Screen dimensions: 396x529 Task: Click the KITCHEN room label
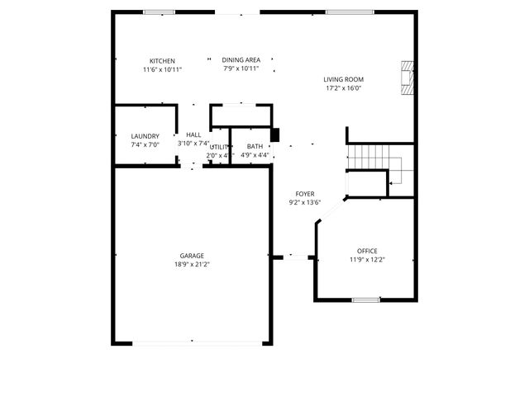(x=162, y=61)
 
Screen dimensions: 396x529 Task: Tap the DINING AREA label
(x=241, y=60)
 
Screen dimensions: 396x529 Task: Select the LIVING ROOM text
(x=343, y=80)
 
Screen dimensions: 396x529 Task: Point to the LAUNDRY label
(x=145, y=136)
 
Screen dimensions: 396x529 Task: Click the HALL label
(x=193, y=135)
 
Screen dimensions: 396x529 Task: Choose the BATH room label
(x=255, y=146)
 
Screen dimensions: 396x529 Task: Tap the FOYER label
(x=305, y=194)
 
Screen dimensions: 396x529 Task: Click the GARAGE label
(x=192, y=256)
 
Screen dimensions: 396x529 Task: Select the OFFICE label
(x=367, y=251)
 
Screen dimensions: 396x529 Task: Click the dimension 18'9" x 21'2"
(x=192, y=265)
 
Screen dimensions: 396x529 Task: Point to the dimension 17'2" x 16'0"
(x=343, y=88)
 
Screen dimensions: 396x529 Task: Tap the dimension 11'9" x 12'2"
(x=367, y=260)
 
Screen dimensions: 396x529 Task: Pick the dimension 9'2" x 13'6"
(x=305, y=202)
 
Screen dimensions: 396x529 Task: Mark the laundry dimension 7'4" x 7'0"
(x=145, y=144)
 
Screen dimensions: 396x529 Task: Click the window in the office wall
(x=365, y=299)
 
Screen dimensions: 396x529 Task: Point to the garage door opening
(x=193, y=342)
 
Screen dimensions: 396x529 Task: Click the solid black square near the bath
(x=276, y=134)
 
